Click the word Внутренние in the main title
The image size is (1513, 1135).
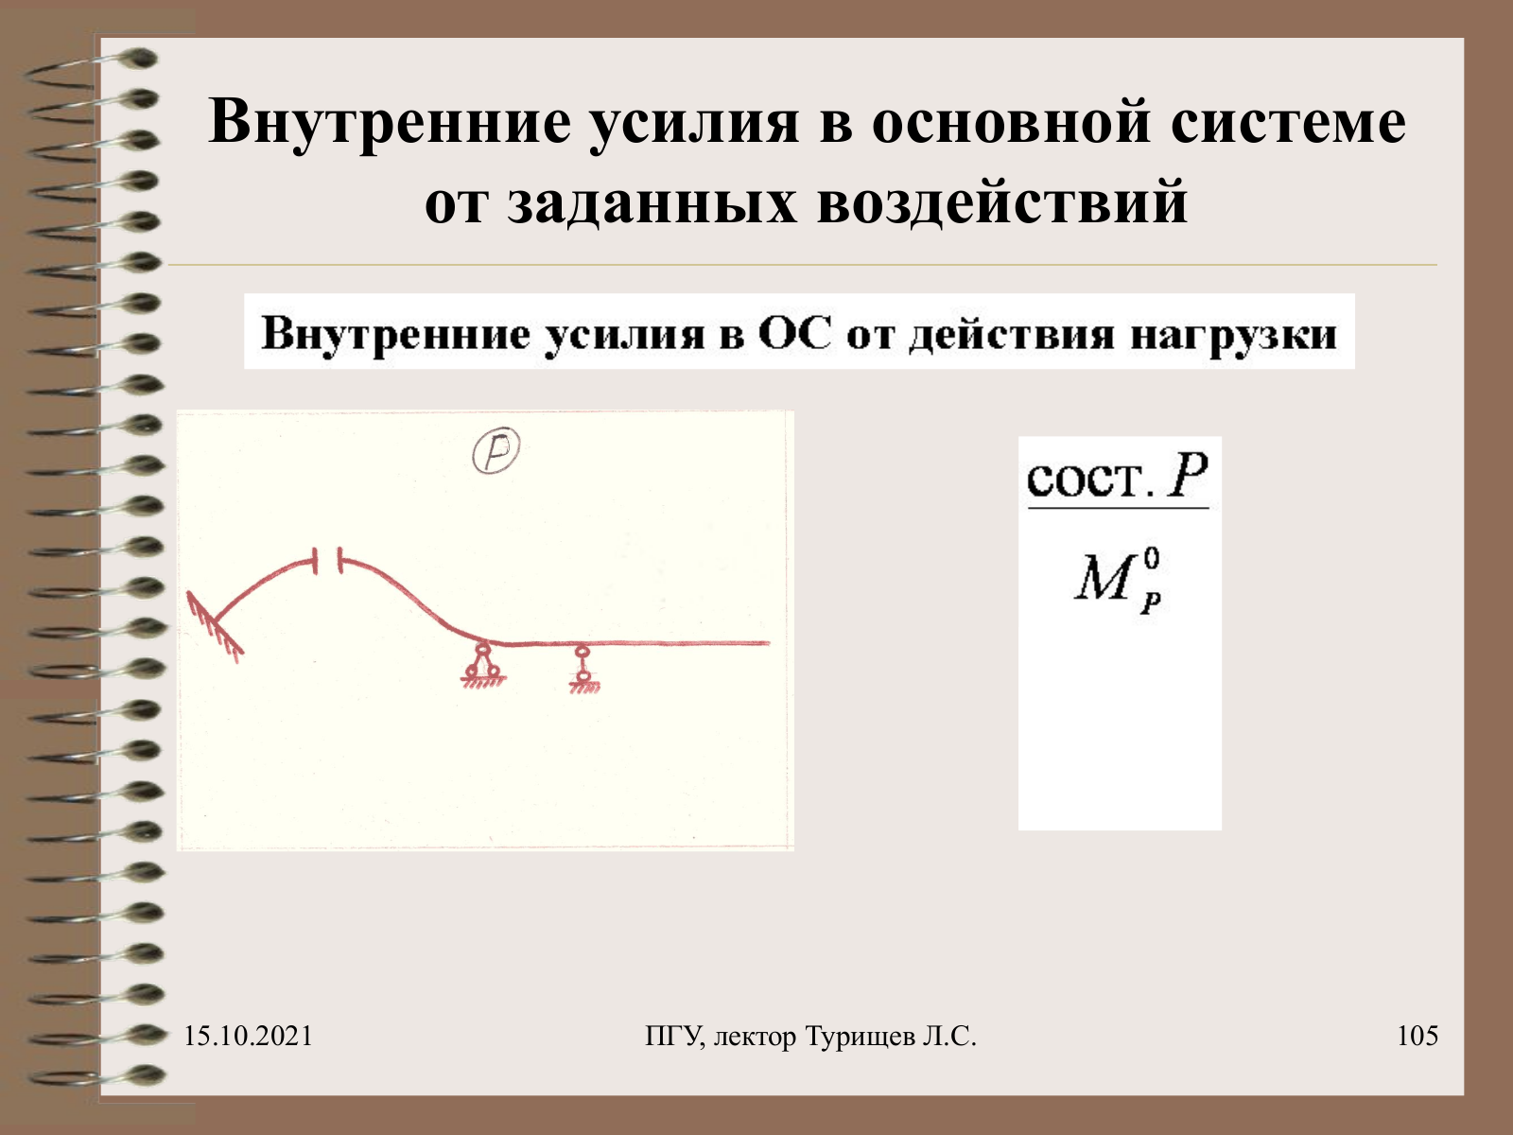pyautogui.click(x=391, y=123)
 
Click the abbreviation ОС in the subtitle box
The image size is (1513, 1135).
pyautogui.click(x=794, y=334)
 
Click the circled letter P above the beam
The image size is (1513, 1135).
pyautogui.click(x=496, y=451)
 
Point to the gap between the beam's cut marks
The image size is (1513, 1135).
pyautogui.click(x=328, y=562)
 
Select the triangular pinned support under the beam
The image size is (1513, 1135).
pyautogui.click(x=482, y=665)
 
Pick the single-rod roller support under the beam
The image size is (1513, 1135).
pyautogui.click(x=583, y=669)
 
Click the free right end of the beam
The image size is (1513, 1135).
pyautogui.click(x=769, y=643)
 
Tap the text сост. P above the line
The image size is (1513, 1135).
pyautogui.click(x=1118, y=476)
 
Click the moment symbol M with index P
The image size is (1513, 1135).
pyautogui.click(x=1118, y=581)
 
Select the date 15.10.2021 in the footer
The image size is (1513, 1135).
pyautogui.click(x=248, y=1036)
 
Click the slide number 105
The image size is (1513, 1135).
pyautogui.click(x=1417, y=1036)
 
